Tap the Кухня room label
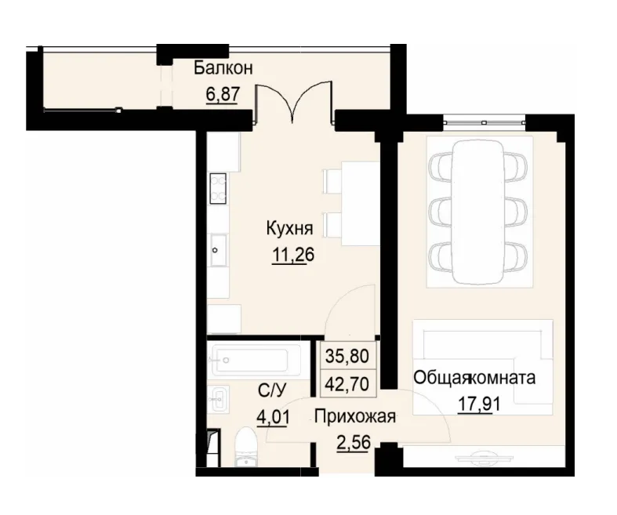tap(289, 229)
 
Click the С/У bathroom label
tap(272, 390)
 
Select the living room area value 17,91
tap(480, 405)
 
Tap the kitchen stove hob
tap(217, 187)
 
